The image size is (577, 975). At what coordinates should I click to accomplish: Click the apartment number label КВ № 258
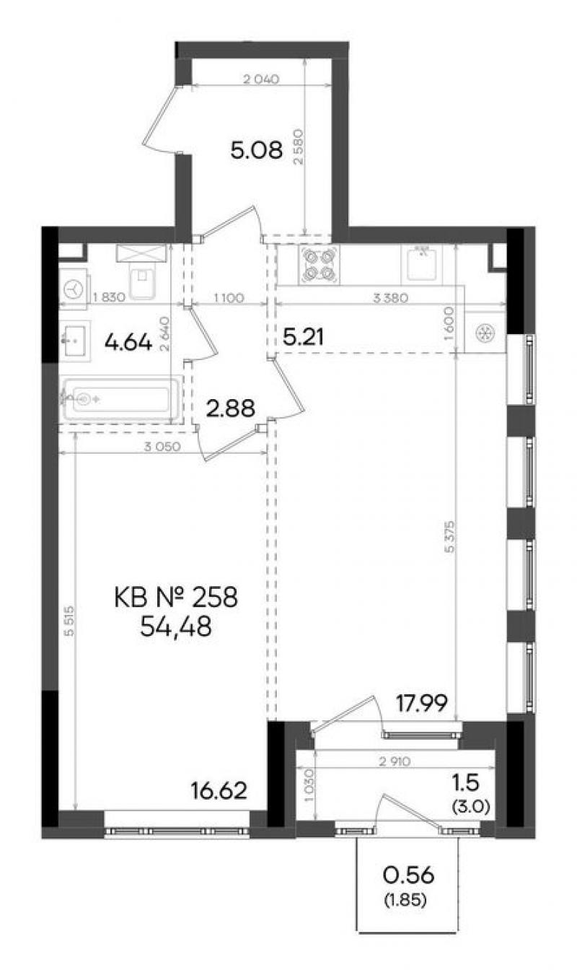[x=176, y=597]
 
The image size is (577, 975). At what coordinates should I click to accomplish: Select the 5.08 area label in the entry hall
[x=257, y=151]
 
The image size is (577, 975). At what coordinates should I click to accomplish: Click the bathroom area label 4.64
[x=128, y=343]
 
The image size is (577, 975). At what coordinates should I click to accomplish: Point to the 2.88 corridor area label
[x=230, y=408]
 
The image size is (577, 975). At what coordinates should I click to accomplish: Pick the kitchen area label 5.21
[x=304, y=337]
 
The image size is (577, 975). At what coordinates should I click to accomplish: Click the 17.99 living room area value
[x=421, y=704]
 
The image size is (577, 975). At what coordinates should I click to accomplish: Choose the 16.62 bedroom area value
[x=219, y=791]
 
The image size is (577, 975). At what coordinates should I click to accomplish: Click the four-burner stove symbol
[x=319, y=265]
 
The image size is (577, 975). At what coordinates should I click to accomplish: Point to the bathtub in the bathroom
[x=120, y=399]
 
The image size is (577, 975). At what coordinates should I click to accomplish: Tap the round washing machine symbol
[x=75, y=289]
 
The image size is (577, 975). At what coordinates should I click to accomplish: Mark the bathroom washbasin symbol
[x=75, y=341]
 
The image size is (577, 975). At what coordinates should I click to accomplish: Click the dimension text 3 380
[x=391, y=298]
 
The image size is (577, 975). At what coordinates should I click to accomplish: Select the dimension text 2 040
[x=260, y=79]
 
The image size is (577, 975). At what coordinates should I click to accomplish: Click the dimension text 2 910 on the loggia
[x=395, y=761]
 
